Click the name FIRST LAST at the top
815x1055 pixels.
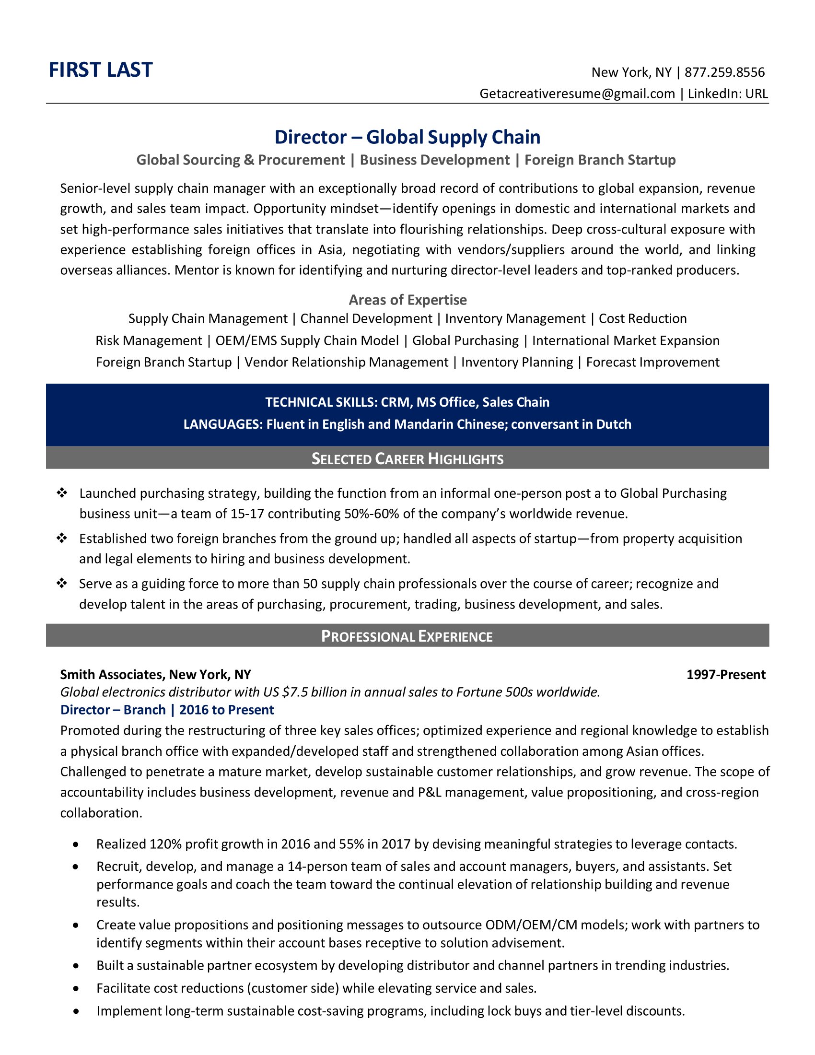tap(100, 70)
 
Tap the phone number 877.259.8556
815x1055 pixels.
tap(724, 72)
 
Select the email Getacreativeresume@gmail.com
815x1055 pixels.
tap(577, 94)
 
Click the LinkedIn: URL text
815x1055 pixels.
tap(728, 94)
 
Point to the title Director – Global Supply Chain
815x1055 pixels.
tap(407, 137)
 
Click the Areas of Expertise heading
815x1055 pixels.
tap(407, 300)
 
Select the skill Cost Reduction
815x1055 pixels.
tap(642, 319)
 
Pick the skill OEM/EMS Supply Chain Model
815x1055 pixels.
tap(307, 341)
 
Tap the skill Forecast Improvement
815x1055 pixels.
tap(652, 362)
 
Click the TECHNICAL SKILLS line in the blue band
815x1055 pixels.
tap(407, 402)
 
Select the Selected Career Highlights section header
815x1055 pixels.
tap(407, 458)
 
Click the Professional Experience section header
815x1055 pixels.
tap(407, 636)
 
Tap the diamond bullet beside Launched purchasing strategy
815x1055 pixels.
tap(62, 493)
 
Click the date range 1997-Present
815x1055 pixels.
tap(726, 675)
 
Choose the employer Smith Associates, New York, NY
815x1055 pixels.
tap(155, 675)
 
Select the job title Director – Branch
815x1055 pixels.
tap(113, 710)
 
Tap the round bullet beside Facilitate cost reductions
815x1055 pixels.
tap(76, 988)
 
